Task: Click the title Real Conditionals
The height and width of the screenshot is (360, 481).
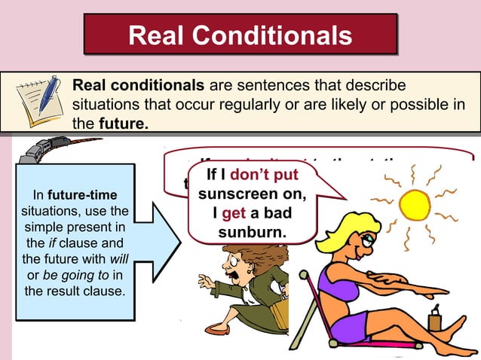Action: point(240,35)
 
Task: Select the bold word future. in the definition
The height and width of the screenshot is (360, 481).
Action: point(124,122)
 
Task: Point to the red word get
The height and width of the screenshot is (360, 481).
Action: point(230,213)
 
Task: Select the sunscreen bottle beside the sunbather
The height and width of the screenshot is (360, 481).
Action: point(434,319)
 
